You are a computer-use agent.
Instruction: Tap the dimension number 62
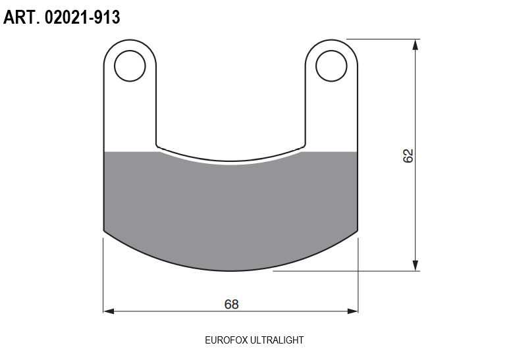click(408, 156)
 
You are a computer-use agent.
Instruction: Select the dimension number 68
click(231, 304)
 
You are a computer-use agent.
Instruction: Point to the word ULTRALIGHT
click(277, 340)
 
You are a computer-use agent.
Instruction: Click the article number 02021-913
click(82, 17)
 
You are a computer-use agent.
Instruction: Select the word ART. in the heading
click(22, 17)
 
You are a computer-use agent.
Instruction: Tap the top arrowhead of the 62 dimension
click(415, 45)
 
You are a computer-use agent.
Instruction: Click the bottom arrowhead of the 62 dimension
click(415, 265)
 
